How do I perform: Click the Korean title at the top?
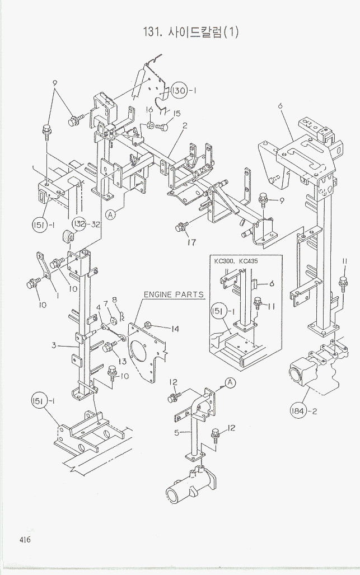click(190, 31)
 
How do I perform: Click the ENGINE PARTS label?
click(174, 294)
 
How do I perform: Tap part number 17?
click(192, 243)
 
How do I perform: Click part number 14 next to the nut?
click(175, 329)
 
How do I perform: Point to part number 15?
click(177, 114)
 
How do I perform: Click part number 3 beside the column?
click(54, 345)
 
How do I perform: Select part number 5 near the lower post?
click(176, 432)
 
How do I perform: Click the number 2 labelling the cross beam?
click(184, 125)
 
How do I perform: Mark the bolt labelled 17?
click(180, 227)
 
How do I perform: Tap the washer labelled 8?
click(114, 321)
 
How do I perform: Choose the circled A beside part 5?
click(228, 382)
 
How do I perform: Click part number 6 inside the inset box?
click(271, 284)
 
